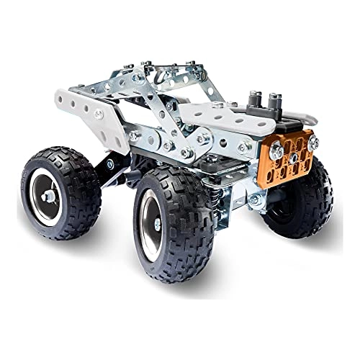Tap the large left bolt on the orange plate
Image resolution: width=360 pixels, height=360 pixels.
click(x=276, y=150)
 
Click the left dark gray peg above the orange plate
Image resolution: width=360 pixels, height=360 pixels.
click(x=256, y=99)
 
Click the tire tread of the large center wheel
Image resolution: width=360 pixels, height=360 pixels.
click(x=194, y=238)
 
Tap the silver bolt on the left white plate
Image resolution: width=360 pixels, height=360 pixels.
click(x=96, y=114)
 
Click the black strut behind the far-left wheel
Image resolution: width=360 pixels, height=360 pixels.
click(x=108, y=169)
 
